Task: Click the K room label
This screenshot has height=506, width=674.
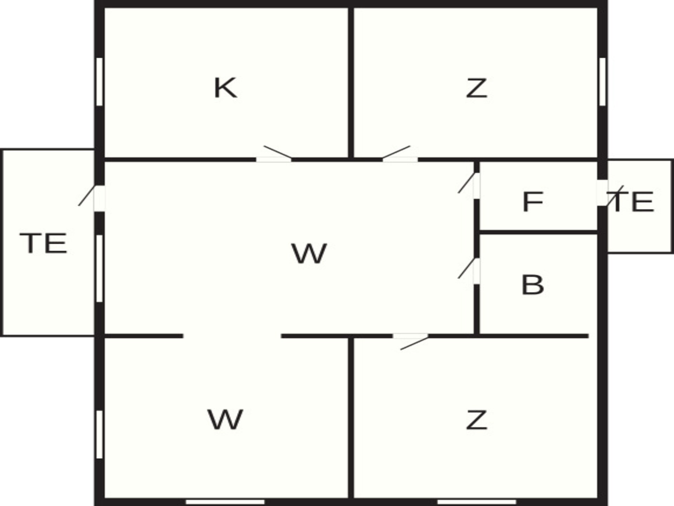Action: click(225, 88)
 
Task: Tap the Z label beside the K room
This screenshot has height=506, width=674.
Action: click(476, 88)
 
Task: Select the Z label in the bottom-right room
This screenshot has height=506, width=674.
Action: click(476, 420)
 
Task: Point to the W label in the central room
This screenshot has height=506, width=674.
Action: click(309, 253)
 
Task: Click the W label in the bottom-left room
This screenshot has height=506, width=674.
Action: click(225, 420)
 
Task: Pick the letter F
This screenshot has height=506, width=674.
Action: click(533, 202)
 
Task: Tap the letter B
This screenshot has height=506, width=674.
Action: click(533, 285)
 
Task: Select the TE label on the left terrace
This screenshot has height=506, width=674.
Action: click(44, 243)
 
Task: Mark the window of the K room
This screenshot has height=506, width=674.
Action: click(100, 82)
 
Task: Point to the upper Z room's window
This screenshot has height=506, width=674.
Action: click(602, 82)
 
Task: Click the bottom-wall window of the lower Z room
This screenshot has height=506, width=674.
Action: click(476, 502)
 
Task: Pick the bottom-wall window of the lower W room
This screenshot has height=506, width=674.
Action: click(225, 502)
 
